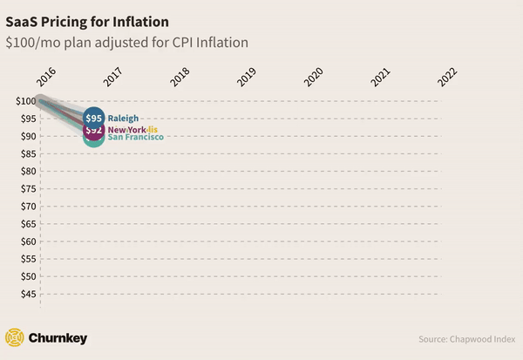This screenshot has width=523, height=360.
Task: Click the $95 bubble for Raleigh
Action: click(x=94, y=118)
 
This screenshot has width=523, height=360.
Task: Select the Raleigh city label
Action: click(x=123, y=119)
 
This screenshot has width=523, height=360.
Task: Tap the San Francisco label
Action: click(x=135, y=137)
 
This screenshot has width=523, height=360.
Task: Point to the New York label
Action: click(x=126, y=130)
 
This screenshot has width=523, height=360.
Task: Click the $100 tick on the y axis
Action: click(x=25, y=101)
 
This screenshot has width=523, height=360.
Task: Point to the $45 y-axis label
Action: click(x=28, y=294)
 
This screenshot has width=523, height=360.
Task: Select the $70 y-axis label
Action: click(x=28, y=207)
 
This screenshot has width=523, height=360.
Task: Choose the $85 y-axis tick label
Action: click(x=28, y=154)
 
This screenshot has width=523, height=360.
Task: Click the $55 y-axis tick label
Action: click(x=28, y=259)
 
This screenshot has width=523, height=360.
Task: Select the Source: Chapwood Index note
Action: click(x=466, y=338)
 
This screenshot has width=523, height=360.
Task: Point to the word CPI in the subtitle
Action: click(x=196, y=41)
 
